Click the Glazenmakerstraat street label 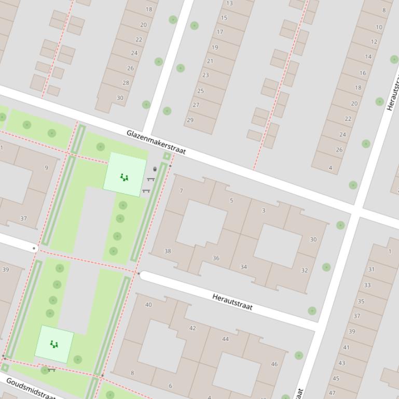pyautogui.click(x=156, y=142)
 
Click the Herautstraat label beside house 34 pyautogui.click(x=232, y=302)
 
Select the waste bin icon pyautogui.click(x=155, y=169)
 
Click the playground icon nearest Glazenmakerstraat pyautogui.click(x=124, y=177)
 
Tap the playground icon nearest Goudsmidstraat pyautogui.click(x=53, y=344)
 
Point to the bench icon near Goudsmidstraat pyautogui.click(x=51, y=370)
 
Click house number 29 pyautogui.click(x=190, y=120)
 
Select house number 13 pyautogui.click(x=229, y=3)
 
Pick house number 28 pyautogui.click(x=126, y=83)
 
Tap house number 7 pyautogui.click(x=181, y=191)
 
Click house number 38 pyautogui.click(x=168, y=251)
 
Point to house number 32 pyautogui.click(x=304, y=270)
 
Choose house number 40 pyautogui.click(x=148, y=305)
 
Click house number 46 pyautogui.click(x=274, y=364)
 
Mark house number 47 pyautogui.click(x=332, y=393)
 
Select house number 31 pyautogui.click(x=371, y=269)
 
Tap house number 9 pyautogui.click(x=46, y=167)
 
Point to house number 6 pyautogui.click(x=170, y=386)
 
